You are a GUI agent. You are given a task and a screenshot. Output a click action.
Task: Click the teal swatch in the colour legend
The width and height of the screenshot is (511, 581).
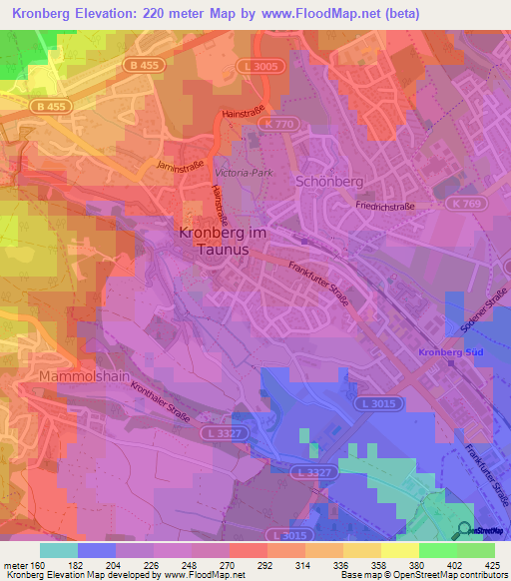[x=59, y=550]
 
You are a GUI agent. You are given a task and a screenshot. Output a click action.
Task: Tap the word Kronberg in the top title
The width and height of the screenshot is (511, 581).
[x=43, y=14]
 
